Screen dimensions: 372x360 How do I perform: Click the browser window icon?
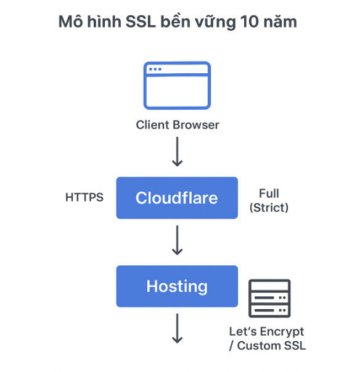(x=177, y=86)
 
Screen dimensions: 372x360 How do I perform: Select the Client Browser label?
(x=177, y=125)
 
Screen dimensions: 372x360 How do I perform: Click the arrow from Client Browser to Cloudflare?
(x=177, y=152)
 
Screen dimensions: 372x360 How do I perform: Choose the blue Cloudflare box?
(x=177, y=198)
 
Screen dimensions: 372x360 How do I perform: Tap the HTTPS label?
(x=84, y=198)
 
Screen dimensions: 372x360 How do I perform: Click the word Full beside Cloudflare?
(x=269, y=193)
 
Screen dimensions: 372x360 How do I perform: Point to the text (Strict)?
(x=269, y=208)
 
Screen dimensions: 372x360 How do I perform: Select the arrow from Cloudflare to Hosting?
(x=177, y=240)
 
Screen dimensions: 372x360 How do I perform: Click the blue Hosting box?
(x=177, y=286)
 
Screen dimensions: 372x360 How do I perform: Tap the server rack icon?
(x=269, y=299)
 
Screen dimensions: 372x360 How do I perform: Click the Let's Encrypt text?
(x=267, y=331)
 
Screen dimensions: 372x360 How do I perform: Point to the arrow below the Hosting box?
(x=177, y=328)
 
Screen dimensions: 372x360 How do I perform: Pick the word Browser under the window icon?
(x=195, y=125)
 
